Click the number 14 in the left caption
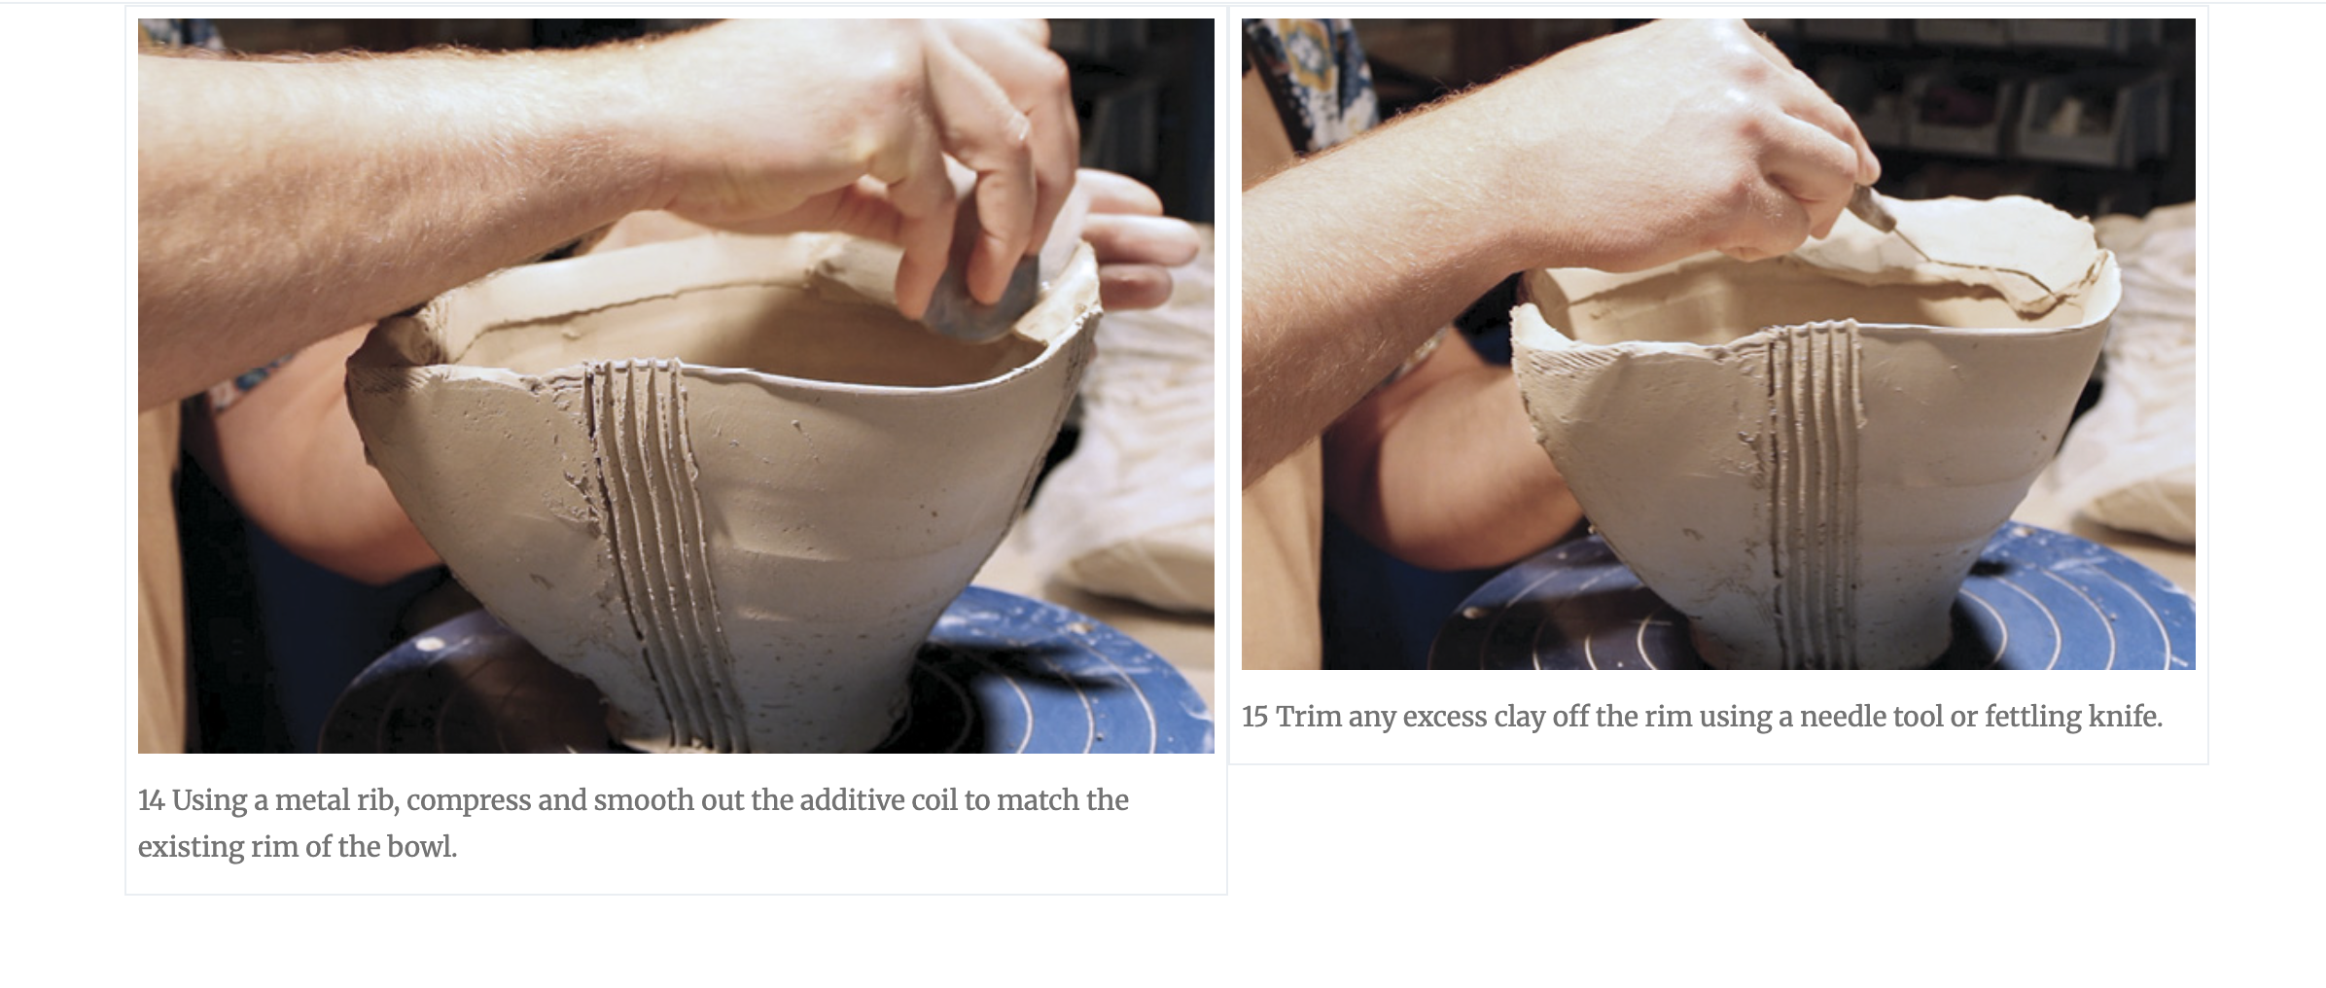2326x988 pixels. coord(151,800)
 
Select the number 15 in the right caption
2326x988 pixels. coord(1254,717)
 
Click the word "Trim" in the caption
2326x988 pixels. coord(1307,717)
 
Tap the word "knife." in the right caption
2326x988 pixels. coord(2126,717)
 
